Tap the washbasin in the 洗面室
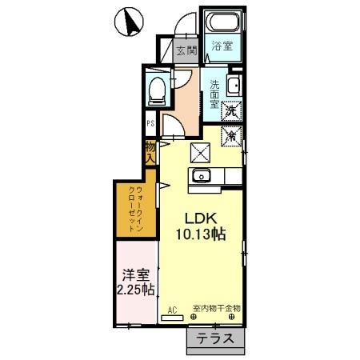click(234, 86)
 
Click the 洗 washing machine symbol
click(230, 111)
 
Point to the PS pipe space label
click(150, 124)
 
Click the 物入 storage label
click(150, 153)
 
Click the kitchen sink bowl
click(200, 176)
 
